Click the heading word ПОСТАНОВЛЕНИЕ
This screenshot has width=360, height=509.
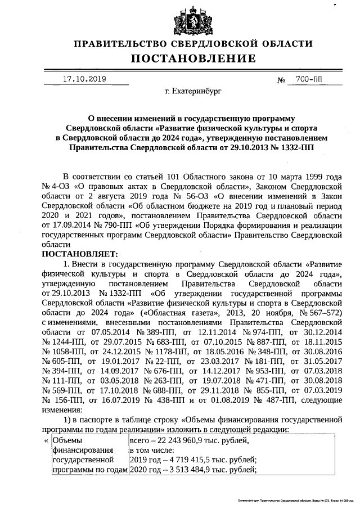pyautogui.click(x=193, y=58)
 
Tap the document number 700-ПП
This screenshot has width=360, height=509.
pyautogui.click(x=310, y=80)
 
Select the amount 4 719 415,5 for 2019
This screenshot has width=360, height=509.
pyautogui.click(x=182, y=460)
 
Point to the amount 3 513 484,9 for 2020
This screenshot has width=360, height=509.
pyautogui.click(x=182, y=470)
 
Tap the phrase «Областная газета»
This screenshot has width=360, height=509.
pyautogui.click(x=179, y=312)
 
